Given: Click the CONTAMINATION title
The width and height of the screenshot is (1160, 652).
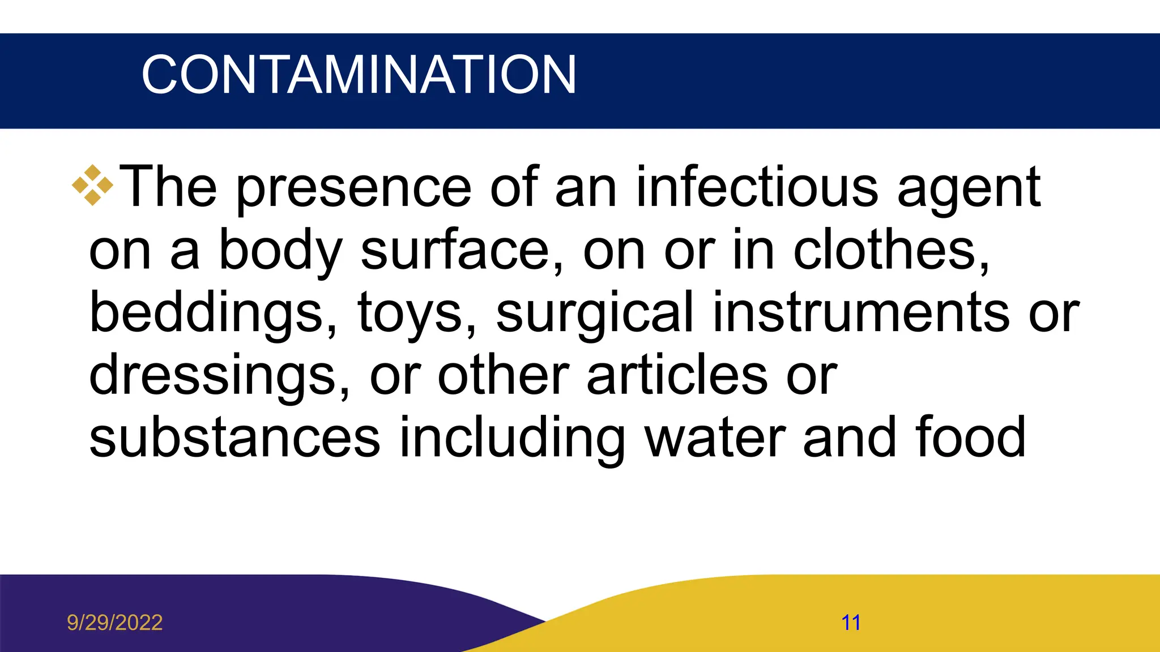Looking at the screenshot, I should coord(359,75).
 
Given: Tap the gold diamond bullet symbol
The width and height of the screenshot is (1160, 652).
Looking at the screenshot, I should coord(92,185).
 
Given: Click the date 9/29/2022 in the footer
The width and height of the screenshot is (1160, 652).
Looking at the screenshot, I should coord(114,623).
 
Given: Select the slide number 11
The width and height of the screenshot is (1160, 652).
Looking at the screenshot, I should coord(851,623).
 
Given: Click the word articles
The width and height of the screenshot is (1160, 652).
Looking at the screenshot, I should coord(677,375).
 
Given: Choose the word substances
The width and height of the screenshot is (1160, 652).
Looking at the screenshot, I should coord(234,437).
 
